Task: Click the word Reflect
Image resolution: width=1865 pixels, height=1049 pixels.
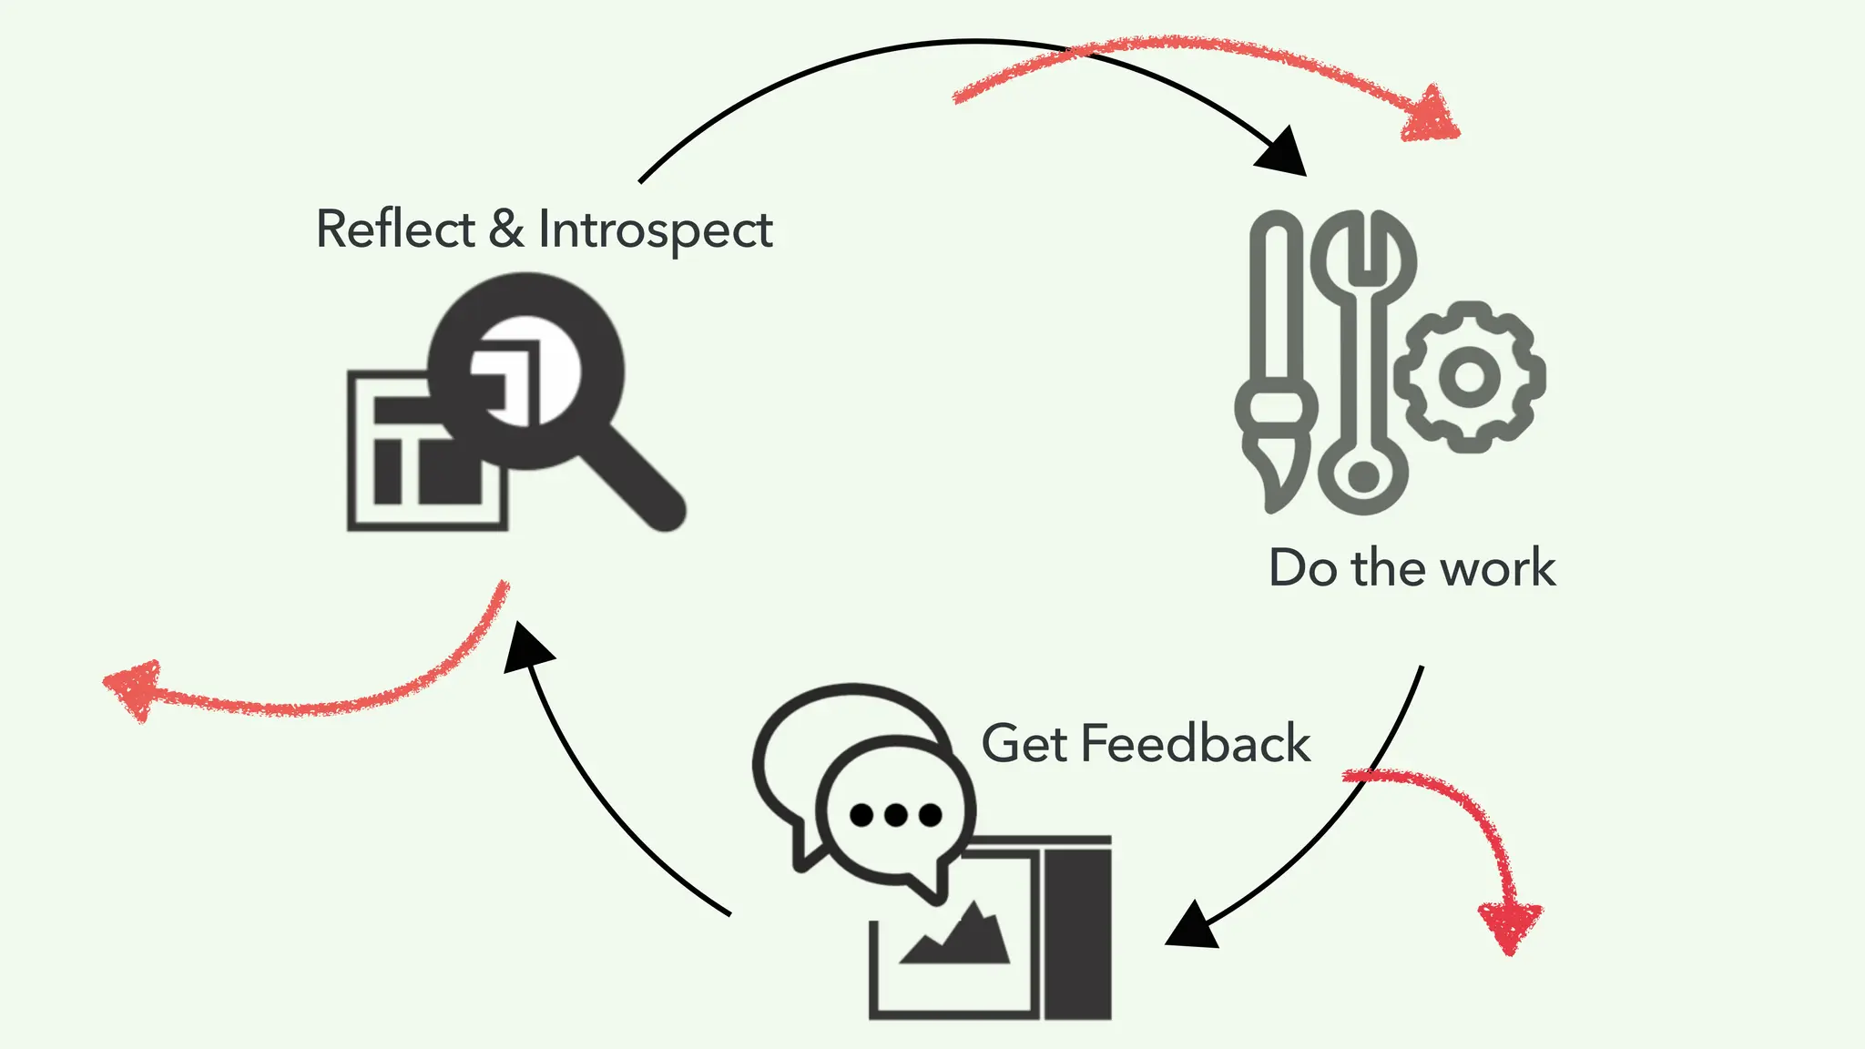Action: pos(394,229)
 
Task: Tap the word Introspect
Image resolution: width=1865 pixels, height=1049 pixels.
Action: pos(655,230)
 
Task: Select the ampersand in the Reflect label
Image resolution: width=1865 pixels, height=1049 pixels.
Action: pos(506,229)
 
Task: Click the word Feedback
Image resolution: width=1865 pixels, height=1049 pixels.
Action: pos(1195,743)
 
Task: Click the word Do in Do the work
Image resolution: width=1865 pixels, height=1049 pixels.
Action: pos(1302,568)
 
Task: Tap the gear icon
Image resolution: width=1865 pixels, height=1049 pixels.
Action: pos(1469,376)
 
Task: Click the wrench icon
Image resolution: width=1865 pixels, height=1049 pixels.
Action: pos(1363,364)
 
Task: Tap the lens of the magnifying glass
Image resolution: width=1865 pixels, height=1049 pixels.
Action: pos(526,372)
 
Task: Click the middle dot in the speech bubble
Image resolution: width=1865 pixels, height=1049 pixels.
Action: pos(895,814)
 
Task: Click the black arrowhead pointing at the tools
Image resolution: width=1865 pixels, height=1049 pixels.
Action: pos(1284,153)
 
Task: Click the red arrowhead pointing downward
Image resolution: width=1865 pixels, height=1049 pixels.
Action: pos(1510,924)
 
